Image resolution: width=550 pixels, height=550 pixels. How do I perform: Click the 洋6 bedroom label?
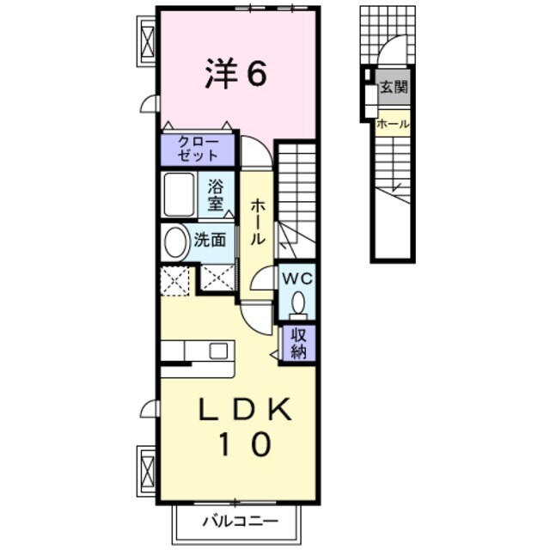pyautogui.click(x=235, y=75)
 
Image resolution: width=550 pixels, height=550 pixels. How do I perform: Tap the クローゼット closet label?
pyautogui.click(x=197, y=150)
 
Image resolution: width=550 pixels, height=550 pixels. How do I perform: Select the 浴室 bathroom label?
pyautogui.click(x=215, y=195)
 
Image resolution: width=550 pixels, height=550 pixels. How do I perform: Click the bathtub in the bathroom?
pyautogui.click(x=180, y=194)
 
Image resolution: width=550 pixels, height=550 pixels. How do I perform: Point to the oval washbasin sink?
pyautogui.click(x=176, y=243)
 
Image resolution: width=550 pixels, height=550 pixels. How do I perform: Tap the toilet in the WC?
pyautogui.click(x=298, y=304)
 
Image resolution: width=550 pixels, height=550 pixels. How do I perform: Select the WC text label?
pyautogui.click(x=296, y=278)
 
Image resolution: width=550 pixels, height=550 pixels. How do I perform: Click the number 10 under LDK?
pyautogui.click(x=244, y=444)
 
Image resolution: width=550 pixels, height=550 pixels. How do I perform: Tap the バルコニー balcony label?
pyautogui.click(x=241, y=521)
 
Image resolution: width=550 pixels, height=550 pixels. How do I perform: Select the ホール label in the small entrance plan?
pyautogui.click(x=393, y=125)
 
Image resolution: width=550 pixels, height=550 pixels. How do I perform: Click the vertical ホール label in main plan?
pyautogui.click(x=257, y=223)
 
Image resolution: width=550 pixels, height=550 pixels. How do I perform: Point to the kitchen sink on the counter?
pyautogui.click(x=217, y=350)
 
